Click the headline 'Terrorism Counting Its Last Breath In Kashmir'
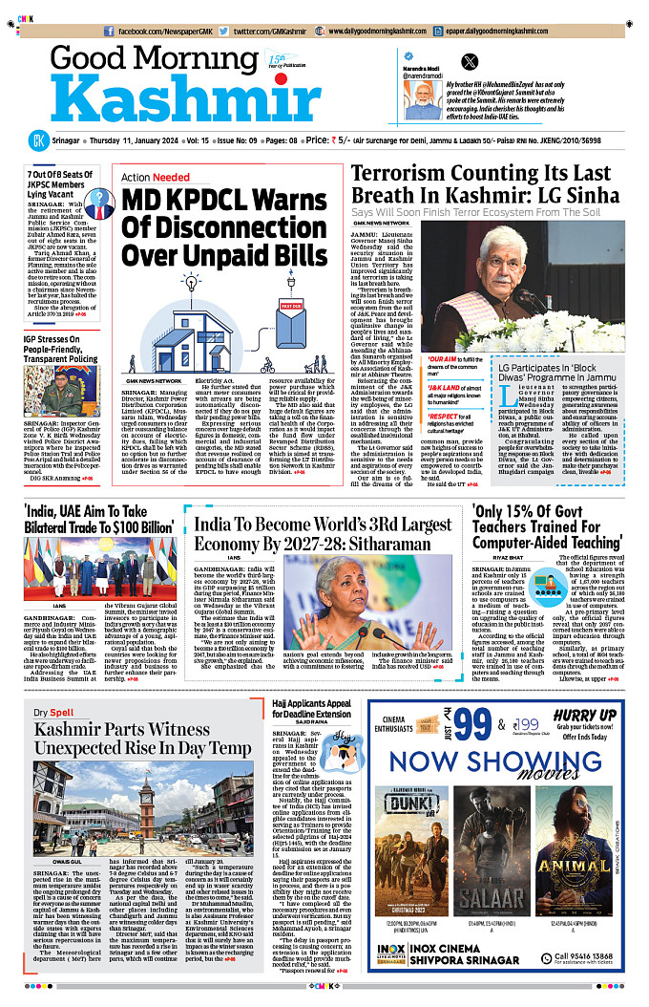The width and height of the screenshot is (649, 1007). tap(493, 184)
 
